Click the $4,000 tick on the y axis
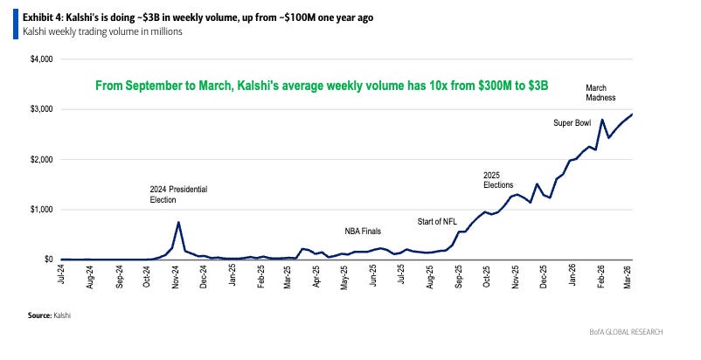coord(42,59)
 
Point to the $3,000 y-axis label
coord(42,109)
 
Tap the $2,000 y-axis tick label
coord(42,159)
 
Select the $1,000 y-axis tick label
coord(42,210)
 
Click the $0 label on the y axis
coord(49,260)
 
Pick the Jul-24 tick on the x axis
coord(62,273)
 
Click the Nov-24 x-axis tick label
coord(175,276)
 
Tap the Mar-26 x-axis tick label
coord(628,276)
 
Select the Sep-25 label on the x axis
coord(459,276)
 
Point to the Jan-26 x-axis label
coord(573,275)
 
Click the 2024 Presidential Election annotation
coord(178,194)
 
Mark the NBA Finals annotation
coord(363,232)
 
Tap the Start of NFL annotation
coord(437,222)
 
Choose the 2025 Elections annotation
coord(498,180)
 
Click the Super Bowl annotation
coord(573,123)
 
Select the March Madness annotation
coord(600,93)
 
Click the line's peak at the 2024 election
coord(178,222)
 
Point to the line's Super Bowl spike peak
coord(602,119)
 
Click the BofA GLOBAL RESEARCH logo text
coord(626,332)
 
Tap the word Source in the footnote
coord(39,315)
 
